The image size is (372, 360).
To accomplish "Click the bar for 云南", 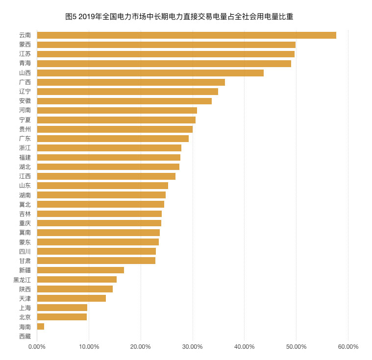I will (186, 35).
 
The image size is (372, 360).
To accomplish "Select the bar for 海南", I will (41, 327).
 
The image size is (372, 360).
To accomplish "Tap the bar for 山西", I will (150, 73).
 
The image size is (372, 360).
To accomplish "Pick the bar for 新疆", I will (80, 270).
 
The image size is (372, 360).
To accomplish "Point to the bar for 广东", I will (113, 139).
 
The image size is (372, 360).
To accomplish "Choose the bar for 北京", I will (62, 317).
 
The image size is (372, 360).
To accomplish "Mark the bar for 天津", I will (71, 298).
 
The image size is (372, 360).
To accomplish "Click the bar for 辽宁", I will (127, 92).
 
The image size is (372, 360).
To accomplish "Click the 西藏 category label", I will (25, 336).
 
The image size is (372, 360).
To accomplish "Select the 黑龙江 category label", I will (22, 280).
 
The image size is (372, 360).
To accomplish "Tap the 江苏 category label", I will (25, 54).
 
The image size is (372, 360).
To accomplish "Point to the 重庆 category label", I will (25, 223).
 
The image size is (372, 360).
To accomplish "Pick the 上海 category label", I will (25, 308).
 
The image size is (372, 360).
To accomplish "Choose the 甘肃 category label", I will (25, 261).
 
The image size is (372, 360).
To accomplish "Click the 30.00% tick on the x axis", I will (193, 347).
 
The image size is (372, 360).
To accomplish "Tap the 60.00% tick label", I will (348, 347).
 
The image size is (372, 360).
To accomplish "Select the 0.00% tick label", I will (37, 347).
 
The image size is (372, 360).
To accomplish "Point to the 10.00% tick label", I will (89, 347).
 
